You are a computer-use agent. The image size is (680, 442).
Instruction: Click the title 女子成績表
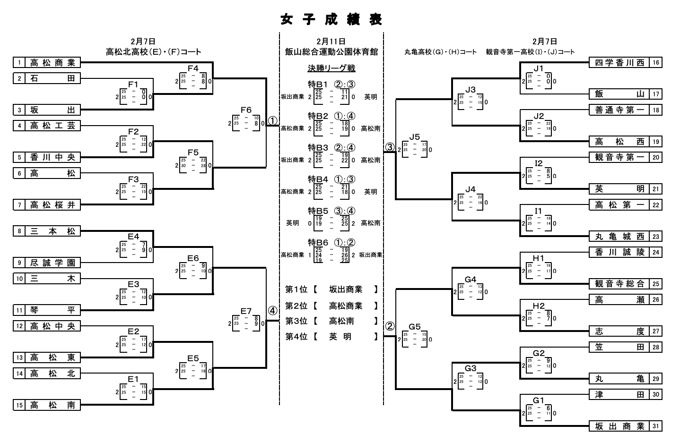click(331, 19)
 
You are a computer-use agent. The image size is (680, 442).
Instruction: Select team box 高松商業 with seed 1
click(52, 62)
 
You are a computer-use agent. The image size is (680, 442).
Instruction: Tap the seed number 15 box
click(19, 405)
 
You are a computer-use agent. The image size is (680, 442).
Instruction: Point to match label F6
click(246, 110)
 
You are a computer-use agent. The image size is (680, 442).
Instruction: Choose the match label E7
click(246, 311)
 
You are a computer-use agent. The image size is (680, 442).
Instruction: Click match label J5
click(414, 137)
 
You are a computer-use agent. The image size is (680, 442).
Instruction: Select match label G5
click(414, 326)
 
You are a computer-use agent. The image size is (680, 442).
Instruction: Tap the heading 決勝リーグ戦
click(331, 68)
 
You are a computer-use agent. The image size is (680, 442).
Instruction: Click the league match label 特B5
click(318, 211)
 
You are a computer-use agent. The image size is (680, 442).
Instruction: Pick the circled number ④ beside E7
click(273, 311)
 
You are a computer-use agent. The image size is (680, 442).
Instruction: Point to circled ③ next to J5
click(389, 147)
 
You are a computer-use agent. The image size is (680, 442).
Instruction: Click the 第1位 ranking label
click(296, 289)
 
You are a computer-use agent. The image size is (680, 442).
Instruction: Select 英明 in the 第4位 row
click(340, 337)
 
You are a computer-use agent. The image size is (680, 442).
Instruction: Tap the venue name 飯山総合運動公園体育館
click(331, 52)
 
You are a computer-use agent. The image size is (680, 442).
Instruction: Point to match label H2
click(539, 306)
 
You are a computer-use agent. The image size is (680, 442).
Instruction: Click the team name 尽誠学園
click(52, 263)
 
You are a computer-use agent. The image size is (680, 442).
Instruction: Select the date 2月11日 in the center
click(331, 42)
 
